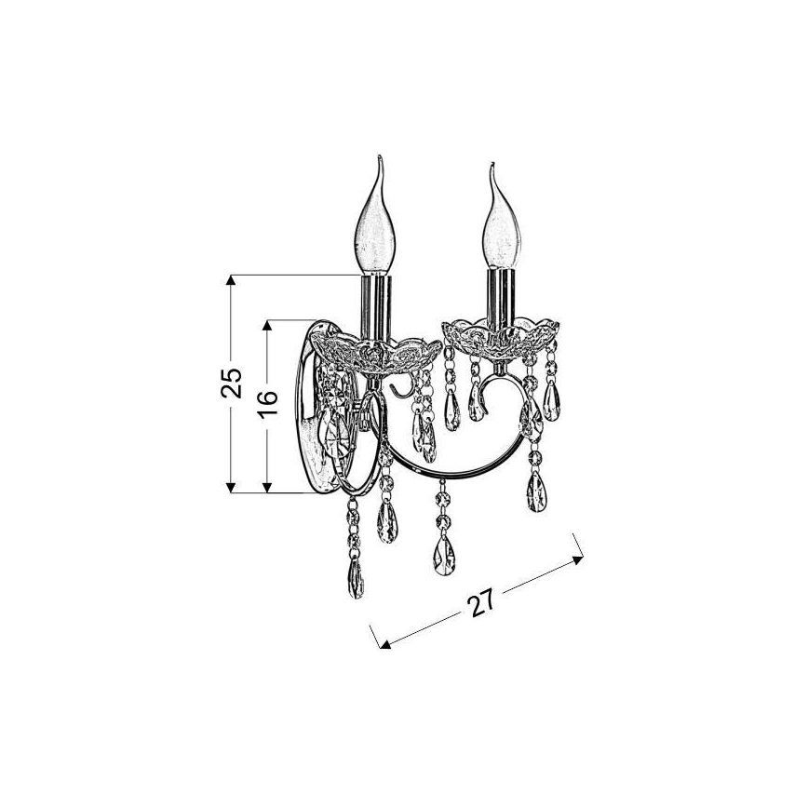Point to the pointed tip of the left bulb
[x=380, y=155]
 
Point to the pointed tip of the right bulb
[x=492, y=163]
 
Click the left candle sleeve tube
[x=375, y=308]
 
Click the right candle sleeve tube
[x=501, y=298]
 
